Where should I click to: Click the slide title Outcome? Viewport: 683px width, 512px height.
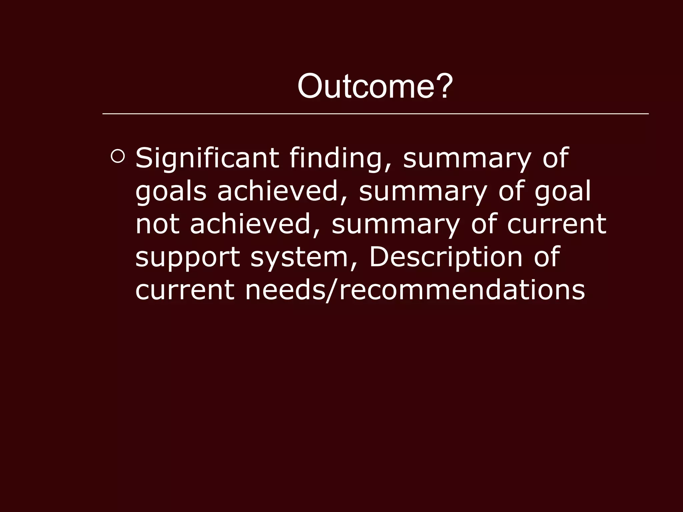click(375, 86)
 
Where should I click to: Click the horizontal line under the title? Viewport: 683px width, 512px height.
click(375, 114)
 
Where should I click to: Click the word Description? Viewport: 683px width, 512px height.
click(445, 257)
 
